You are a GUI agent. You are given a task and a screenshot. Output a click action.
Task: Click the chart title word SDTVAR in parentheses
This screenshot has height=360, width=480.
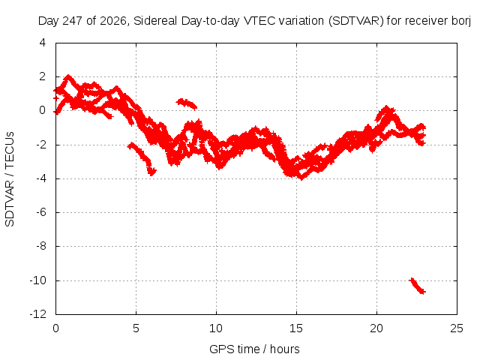click(356, 21)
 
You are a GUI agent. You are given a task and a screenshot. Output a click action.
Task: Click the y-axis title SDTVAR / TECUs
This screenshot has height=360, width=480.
click(10, 179)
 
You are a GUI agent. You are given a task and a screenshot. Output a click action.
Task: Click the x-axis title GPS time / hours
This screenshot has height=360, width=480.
click(254, 349)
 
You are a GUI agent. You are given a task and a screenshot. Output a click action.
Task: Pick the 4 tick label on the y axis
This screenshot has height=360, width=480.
click(43, 43)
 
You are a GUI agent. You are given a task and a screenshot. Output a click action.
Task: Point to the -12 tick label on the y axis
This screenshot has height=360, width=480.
click(38, 314)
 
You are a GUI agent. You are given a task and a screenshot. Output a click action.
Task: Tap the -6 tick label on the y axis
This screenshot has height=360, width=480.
click(40, 212)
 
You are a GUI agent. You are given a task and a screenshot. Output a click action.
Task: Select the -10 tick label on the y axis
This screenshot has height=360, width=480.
click(38, 280)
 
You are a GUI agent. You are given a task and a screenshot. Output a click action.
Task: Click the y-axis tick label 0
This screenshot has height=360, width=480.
click(43, 110)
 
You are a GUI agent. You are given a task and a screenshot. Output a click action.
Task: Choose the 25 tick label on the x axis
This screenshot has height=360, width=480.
click(457, 328)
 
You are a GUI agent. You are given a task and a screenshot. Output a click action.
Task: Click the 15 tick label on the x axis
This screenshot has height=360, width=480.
click(296, 328)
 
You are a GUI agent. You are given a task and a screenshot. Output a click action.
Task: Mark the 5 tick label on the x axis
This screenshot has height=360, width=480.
click(136, 328)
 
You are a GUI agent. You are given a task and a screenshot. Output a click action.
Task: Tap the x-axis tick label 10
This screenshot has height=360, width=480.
click(216, 328)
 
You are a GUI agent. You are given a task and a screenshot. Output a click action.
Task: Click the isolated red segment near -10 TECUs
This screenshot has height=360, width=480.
click(418, 286)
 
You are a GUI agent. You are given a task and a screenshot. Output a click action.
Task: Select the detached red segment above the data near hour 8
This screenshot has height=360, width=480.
click(187, 103)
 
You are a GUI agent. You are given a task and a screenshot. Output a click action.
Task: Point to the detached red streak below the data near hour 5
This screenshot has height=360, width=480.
click(142, 157)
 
